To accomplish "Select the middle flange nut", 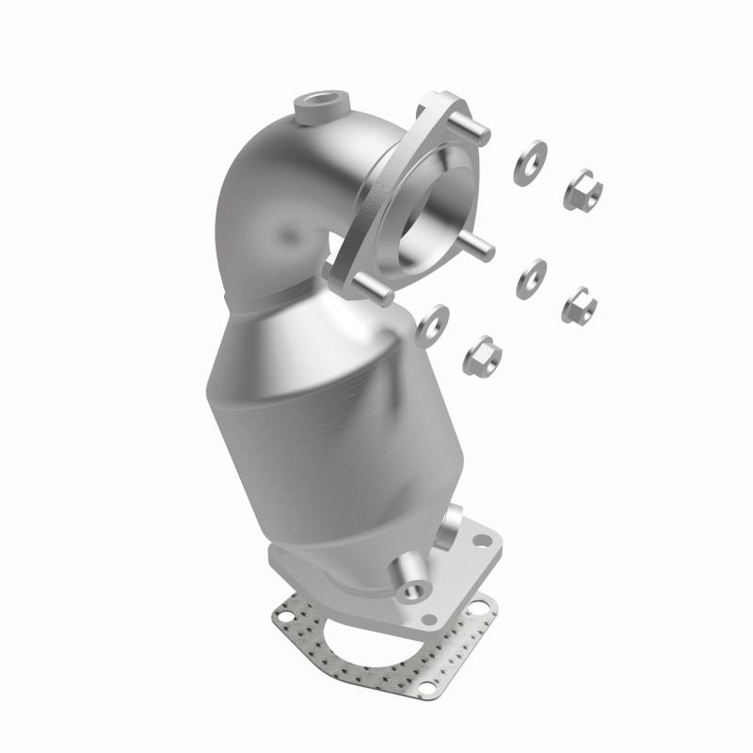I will [579, 305].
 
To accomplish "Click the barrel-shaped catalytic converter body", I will [311, 414].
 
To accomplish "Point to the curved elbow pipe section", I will [273, 207].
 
